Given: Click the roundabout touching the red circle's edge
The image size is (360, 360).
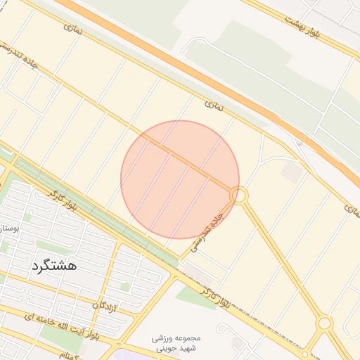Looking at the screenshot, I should (x=239, y=195).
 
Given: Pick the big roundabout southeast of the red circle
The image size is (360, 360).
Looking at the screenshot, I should (x=324, y=323).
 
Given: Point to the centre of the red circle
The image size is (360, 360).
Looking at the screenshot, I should (x=180, y=179).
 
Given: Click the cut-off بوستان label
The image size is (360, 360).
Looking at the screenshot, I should (x=7, y=229).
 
